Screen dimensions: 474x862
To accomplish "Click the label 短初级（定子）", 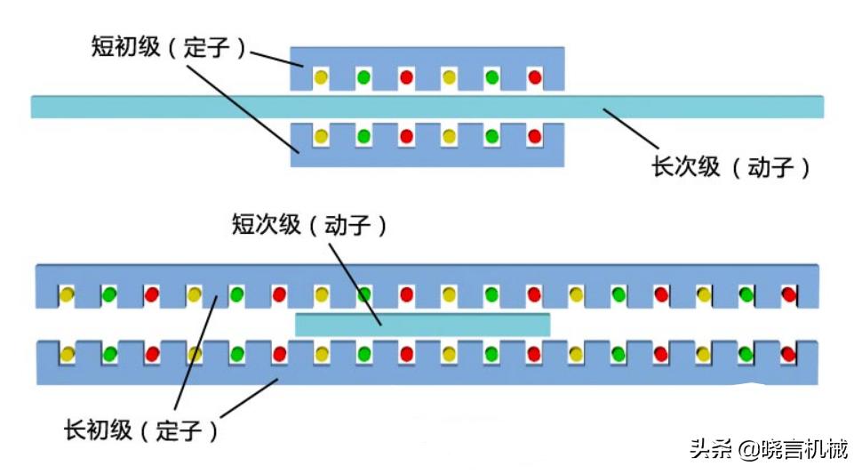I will pyautogui.click(x=168, y=47).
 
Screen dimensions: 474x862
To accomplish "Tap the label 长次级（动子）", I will pyautogui.click(x=731, y=166).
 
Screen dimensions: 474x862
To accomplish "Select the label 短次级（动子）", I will pyautogui.click(x=309, y=225).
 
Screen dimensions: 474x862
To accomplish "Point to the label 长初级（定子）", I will pyautogui.click(x=140, y=431).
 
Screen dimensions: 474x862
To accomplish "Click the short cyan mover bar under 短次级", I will pyautogui.click(x=422, y=324).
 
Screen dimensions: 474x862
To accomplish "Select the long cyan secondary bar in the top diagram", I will pyautogui.click(x=427, y=107).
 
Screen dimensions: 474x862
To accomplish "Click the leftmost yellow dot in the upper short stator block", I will pyautogui.click(x=321, y=77).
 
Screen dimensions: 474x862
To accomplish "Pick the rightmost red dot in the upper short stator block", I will pyautogui.click(x=534, y=77).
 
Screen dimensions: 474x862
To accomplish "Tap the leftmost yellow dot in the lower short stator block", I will pyautogui.click(x=321, y=137).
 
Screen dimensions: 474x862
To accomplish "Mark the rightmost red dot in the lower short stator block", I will pyautogui.click(x=534, y=137).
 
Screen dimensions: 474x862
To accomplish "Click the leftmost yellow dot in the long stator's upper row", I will pyautogui.click(x=67, y=294).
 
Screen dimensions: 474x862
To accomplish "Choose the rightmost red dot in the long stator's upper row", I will pyautogui.click(x=787, y=294).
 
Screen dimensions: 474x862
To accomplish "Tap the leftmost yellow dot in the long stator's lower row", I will pyautogui.click(x=67, y=354).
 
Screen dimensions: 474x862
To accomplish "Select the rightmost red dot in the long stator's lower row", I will pyautogui.click(x=787, y=354).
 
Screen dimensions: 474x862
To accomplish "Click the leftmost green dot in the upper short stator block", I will pyautogui.click(x=363, y=77).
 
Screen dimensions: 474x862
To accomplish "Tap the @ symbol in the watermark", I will pyautogui.click(x=746, y=449).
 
